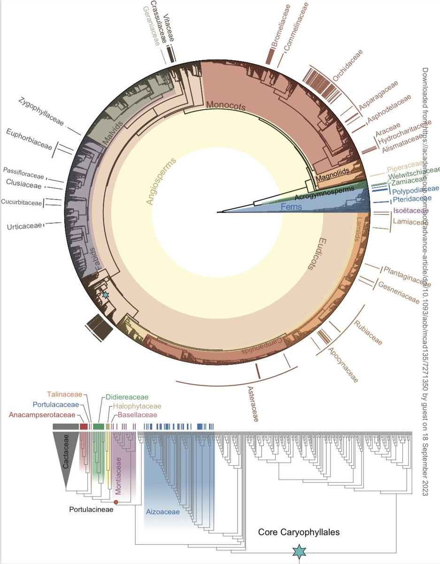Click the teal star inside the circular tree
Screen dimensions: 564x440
(x=106, y=295)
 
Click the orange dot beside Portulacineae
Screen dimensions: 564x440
(x=116, y=502)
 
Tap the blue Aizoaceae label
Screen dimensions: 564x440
(x=161, y=512)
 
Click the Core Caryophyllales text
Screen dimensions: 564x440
(x=299, y=533)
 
